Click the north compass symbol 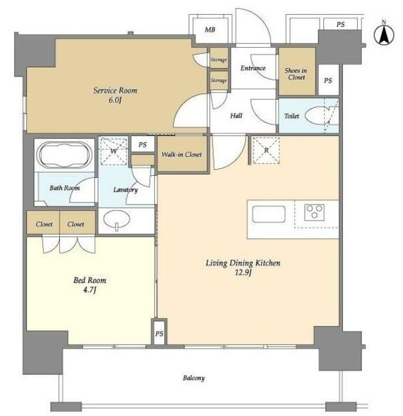click(383, 34)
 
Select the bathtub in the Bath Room click(65, 154)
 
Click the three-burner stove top click(314, 212)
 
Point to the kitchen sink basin click(269, 214)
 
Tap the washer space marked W click(113, 151)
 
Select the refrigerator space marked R click(266, 150)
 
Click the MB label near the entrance click(209, 29)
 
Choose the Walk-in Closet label click(182, 154)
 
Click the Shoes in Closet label click(296, 74)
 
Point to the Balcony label click(194, 378)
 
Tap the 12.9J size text click(243, 273)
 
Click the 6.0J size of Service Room click(115, 100)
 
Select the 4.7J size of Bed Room click(89, 290)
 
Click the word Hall click(236, 116)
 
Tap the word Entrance click(253, 68)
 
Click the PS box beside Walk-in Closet click(143, 145)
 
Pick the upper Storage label click(219, 59)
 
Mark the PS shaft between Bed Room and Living click(159, 333)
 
